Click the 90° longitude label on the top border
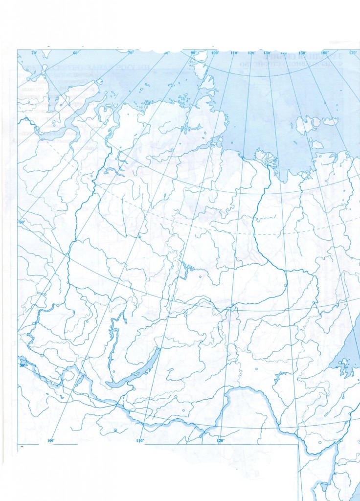click(194, 52)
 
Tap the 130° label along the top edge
click(267, 52)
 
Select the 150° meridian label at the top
click(302, 52)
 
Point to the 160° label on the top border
click(324, 52)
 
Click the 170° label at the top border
click(352, 52)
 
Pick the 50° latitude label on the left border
click(22, 365)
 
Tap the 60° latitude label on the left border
click(22, 222)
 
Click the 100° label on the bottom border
click(50, 441)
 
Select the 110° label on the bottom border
click(140, 441)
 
